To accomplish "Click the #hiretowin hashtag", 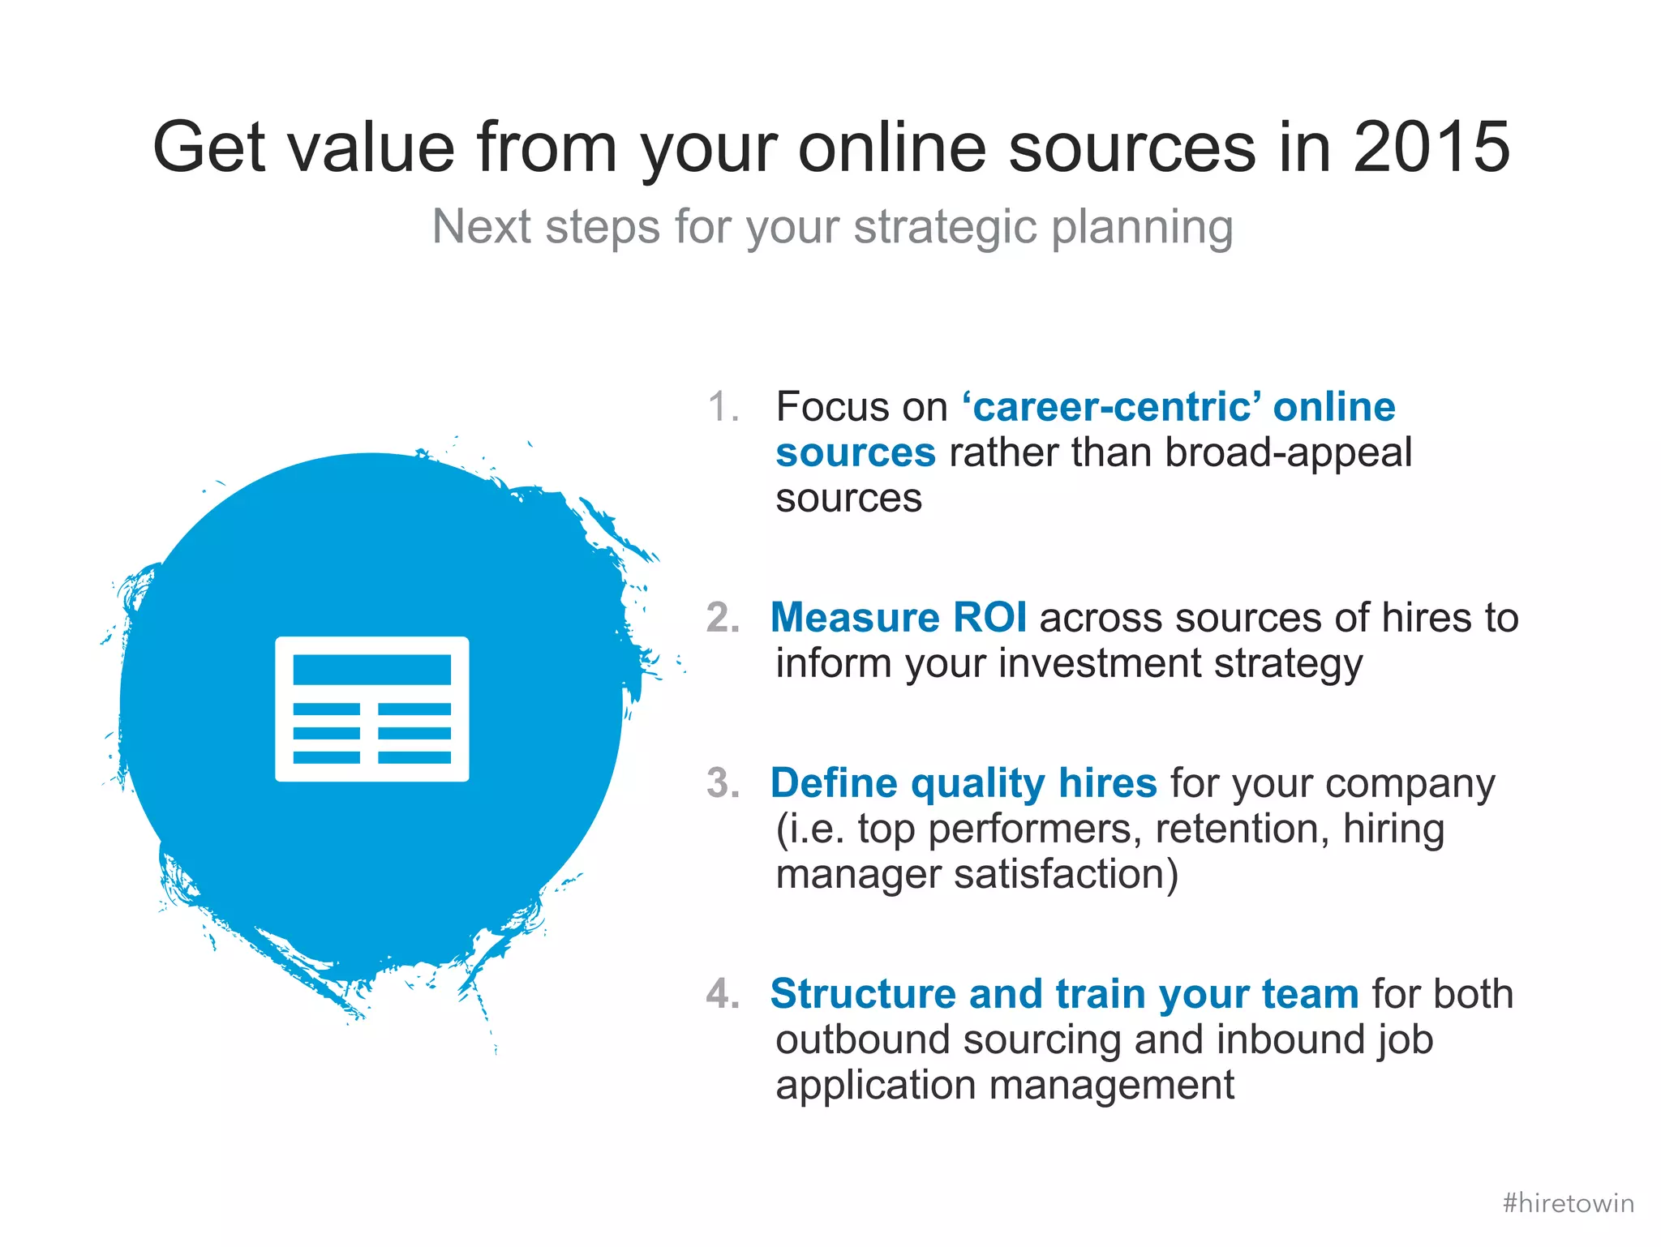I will tap(1568, 1202).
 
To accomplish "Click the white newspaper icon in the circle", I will tap(372, 709).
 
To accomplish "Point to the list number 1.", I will tap(723, 406).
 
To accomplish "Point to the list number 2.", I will tap(723, 617).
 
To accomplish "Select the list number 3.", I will tap(723, 783).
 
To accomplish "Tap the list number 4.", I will tap(723, 994).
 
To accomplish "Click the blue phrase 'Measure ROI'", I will tap(898, 617).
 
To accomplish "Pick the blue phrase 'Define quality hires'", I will tap(963, 783).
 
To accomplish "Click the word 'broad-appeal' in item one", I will tap(1288, 452).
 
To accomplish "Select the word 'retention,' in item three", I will tap(1243, 829).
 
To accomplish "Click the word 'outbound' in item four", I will tap(862, 1039).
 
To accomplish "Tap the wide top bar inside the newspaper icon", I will tap(372, 670).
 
